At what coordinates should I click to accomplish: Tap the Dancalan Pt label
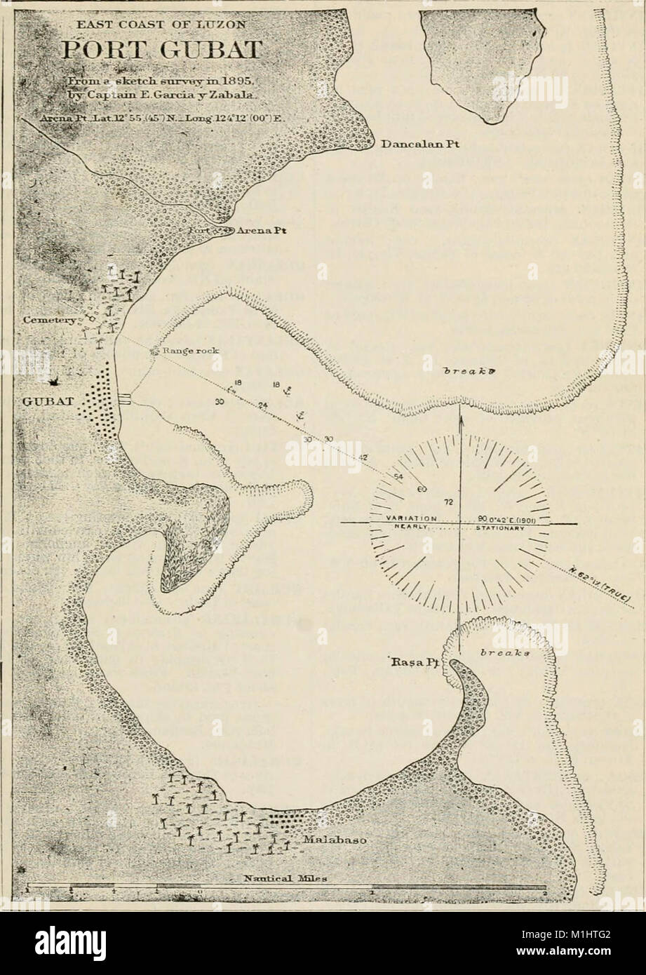[x=416, y=146]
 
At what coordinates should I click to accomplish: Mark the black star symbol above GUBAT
[x=53, y=382]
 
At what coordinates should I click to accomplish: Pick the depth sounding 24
[x=263, y=405]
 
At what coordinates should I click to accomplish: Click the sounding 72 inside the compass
[x=448, y=502]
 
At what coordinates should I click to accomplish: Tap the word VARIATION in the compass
[x=412, y=518]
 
